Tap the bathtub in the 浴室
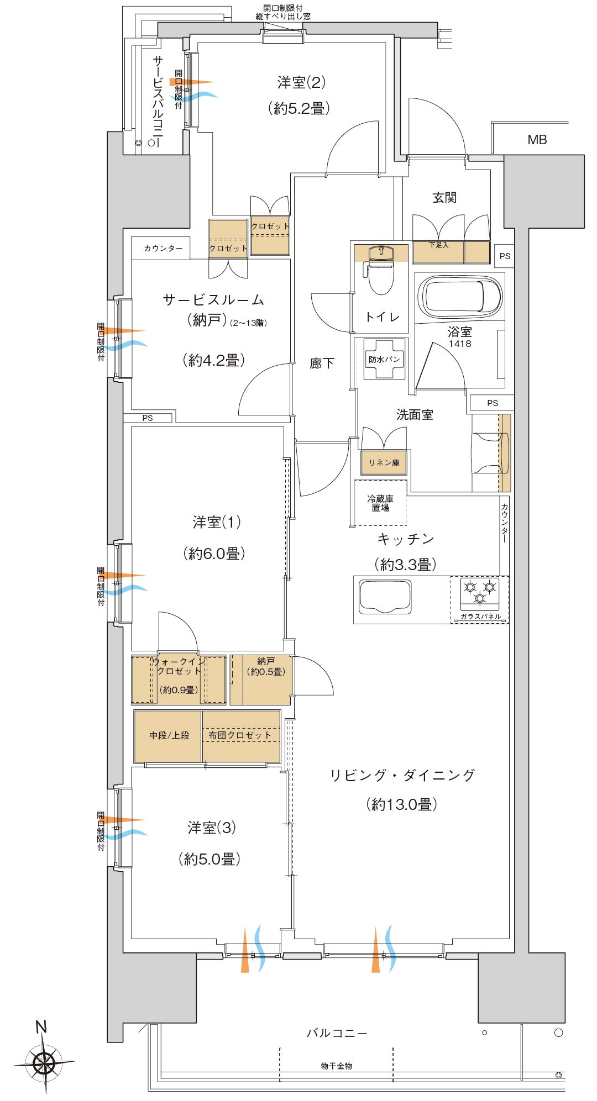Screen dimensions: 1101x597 coord(460,296)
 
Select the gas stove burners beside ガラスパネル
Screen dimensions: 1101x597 coord(479,592)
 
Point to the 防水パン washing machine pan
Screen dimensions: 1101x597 coord(384,359)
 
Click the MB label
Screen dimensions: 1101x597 coord(537,140)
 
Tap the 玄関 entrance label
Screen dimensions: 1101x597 coord(444,198)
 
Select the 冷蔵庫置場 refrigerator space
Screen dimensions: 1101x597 coord(380,503)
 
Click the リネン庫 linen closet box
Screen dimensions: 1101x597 coord(384,463)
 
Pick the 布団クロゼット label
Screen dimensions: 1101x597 coord(240,735)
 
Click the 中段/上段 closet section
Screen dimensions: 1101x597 coord(169,735)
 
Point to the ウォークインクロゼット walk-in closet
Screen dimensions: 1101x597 coord(179,679)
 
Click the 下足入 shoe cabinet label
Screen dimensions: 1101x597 coord(438,245)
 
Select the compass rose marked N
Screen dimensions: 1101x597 coord(44,1061)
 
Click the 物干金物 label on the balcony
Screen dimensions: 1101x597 coord(336,1066)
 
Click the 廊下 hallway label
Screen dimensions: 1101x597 coord(321,363)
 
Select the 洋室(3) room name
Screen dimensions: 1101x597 coord(212,827)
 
